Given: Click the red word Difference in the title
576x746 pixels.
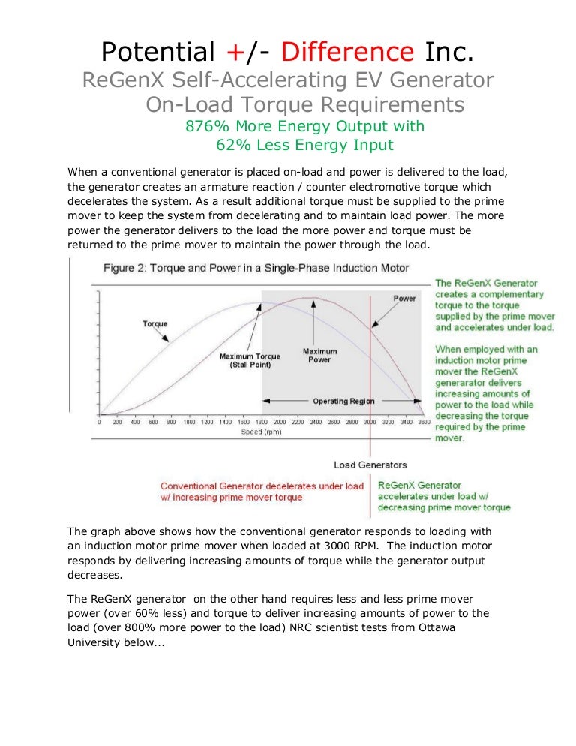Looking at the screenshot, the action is [348, 51].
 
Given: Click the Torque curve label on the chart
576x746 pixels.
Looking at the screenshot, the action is [155, 324].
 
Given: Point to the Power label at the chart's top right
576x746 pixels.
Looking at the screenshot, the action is [404, 299].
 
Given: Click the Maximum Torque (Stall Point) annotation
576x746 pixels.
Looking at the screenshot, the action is [250, 361].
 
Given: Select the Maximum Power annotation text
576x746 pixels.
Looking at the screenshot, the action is [319, 356].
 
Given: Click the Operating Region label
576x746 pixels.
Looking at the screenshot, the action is [344, 401].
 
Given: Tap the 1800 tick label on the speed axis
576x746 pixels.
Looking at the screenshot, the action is [262, 422].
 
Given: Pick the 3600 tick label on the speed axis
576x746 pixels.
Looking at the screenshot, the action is [424, 422].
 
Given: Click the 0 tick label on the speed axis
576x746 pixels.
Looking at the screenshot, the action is [100, 422].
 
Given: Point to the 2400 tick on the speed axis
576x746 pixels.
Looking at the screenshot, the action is [316, 422].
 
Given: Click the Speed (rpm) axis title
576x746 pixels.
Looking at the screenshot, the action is [261, 432].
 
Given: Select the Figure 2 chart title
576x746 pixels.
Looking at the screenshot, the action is [256, 269].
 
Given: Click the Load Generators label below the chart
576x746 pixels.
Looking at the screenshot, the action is [370, 465].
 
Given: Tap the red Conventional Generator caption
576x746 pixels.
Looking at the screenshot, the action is [262, 492].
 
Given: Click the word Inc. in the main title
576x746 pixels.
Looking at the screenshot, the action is [449, 51].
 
